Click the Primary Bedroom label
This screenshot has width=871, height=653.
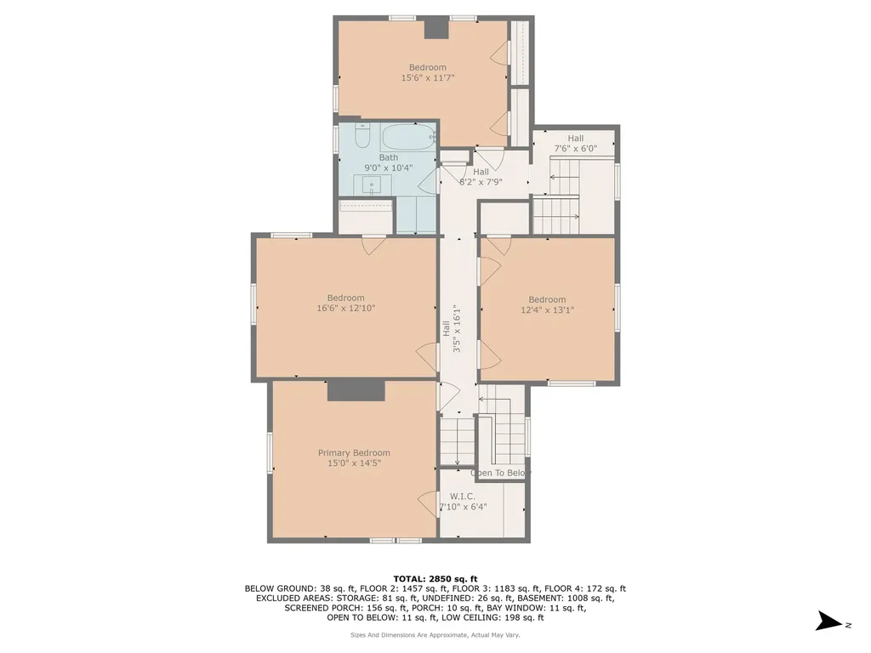coord(354,452)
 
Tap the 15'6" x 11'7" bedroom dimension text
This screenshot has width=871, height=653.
coord(428,77)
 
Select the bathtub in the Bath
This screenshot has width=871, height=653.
coord(407,136)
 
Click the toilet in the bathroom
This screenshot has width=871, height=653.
coord(362,136)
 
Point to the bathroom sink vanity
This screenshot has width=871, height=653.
coord(372,185)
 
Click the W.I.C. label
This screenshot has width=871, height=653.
coord(462,496)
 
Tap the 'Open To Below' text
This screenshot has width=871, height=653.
coord(500,473)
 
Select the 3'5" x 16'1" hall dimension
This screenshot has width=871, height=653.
coord(457,328)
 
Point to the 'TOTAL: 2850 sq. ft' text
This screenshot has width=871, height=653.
coord(435,578)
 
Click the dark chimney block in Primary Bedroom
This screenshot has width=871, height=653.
coord(356,389)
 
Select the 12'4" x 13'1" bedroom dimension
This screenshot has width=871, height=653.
coord(547,309)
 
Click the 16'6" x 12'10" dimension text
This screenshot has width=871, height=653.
coord(346,308)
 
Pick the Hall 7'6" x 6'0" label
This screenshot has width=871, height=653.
coord(576,143)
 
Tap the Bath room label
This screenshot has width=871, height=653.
coord(388,157)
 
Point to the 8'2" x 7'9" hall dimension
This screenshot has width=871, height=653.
coord(481,181)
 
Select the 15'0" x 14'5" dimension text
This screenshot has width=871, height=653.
coord(354,463)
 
